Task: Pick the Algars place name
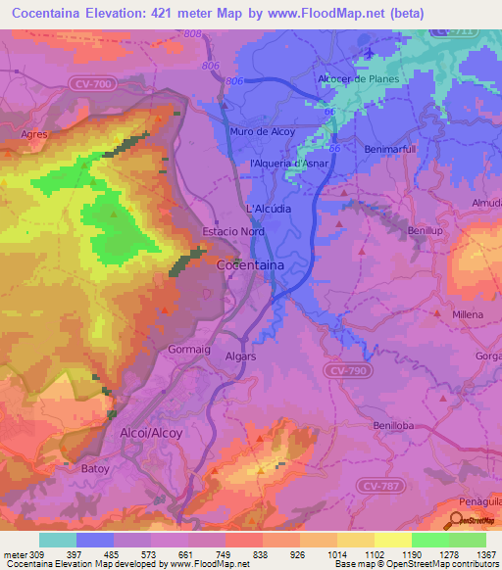[x=240, y=356]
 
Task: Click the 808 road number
[x=192, y=34]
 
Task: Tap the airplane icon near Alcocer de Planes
[x=369, y=52]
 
